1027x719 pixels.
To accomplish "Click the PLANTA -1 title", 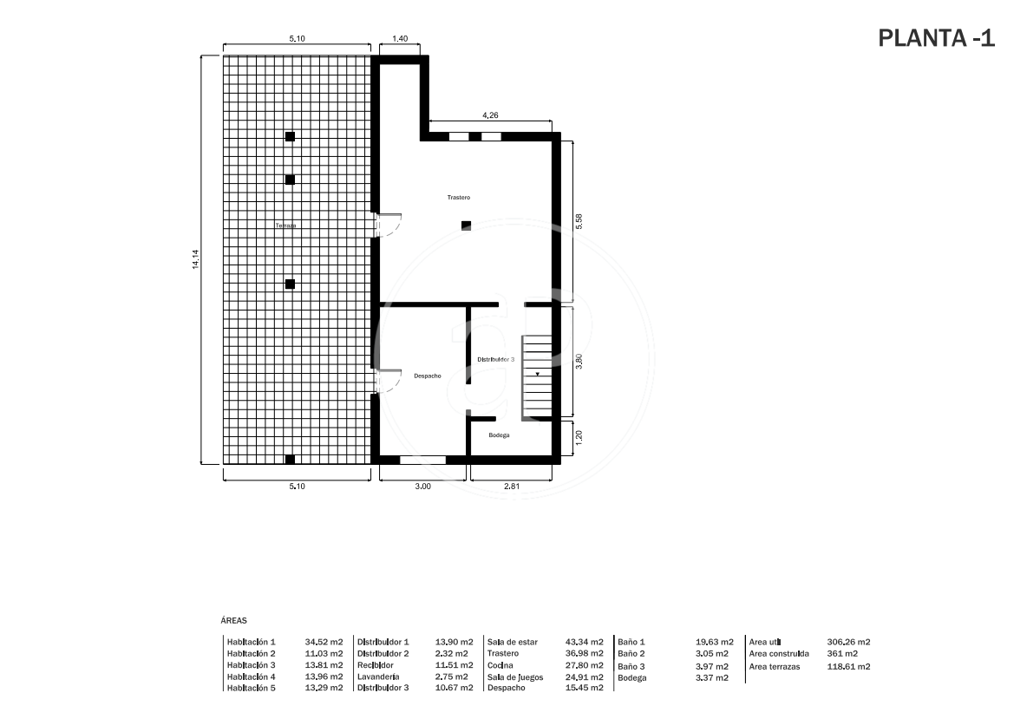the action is click(x=936, y=39).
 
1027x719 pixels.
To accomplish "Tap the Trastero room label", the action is click(x=459, y=197).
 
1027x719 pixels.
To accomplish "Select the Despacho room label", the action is click(x=427, y=376).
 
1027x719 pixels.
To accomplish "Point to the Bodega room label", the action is click(x=499, y=435).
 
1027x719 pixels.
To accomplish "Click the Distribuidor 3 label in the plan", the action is click(x=496, y=359).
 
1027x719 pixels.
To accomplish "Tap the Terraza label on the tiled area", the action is click(x=285, y=226).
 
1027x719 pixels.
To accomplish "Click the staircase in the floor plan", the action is click(x=536, y=376).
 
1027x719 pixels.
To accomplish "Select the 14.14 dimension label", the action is click(x=195, y=258).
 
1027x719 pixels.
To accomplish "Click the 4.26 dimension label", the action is click(x=490, y=115).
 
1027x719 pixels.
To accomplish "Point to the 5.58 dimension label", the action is click(x=579, y=221).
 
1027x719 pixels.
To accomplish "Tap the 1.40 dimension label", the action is click(x=400, y=39).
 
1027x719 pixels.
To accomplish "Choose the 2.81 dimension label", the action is click(x=511, y=486).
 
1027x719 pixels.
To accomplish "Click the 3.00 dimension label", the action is click(x=422, y=486).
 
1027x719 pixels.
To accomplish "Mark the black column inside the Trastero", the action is click(x=466, y=226).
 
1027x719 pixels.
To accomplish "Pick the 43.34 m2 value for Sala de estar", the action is click(x=585, y=642).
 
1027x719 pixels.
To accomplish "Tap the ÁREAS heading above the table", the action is click(x=234, y=621).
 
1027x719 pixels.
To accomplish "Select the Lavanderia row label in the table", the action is click(x=378, y=677).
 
